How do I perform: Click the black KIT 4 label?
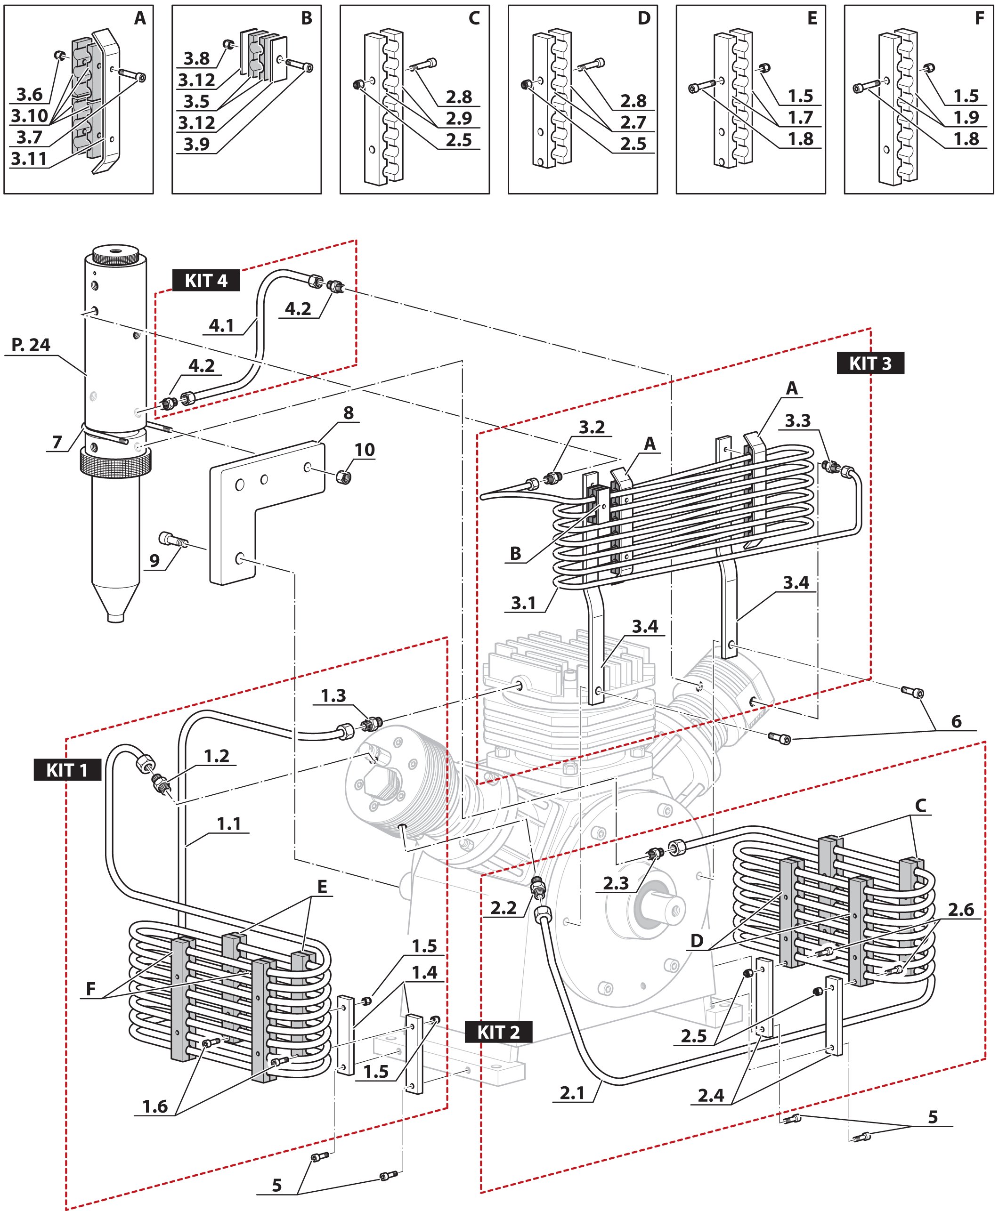tap(206, 281)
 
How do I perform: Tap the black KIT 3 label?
tap(870, 363)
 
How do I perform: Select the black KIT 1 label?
tap(67, 770)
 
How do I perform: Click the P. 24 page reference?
tap(31, 345)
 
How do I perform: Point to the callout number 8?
tap(348, 412)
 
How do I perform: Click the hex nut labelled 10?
tap(343, 476)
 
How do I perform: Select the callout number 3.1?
tap(523, 603)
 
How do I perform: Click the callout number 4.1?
tap(221, 326)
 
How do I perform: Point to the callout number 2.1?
tap(572, 1093)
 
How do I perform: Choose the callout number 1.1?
tap(228, 824)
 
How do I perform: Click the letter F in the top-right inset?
tap(979, 18)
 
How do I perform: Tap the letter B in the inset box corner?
tap(307, 18)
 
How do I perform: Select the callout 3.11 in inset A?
tap(29, 159)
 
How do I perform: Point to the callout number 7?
tap(57, 442)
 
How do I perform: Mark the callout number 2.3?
tap(616, 883)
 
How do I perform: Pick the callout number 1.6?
tap(155, 1106)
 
